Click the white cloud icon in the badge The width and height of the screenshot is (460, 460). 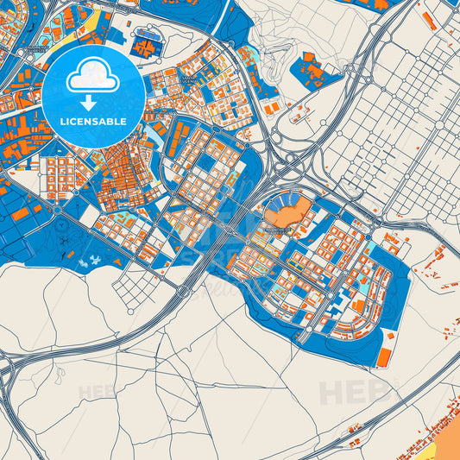[93, 76]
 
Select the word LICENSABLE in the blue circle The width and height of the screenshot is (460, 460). [93, 121]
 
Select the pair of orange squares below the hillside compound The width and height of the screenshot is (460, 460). [272, 109]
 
